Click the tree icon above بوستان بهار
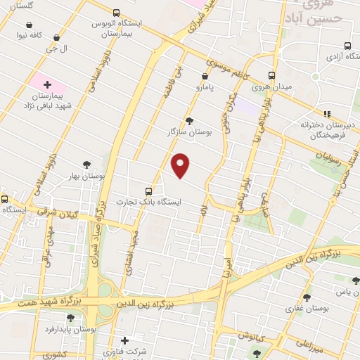tap(86, 164)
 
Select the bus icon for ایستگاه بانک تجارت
tap(148, 191)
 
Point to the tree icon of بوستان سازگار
tap(188, 121)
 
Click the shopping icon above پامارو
tap(205, 76)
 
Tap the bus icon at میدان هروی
tap(271, 76)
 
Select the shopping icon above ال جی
tap(57, 38)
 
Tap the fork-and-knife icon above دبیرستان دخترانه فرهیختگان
tap(326, 112)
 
